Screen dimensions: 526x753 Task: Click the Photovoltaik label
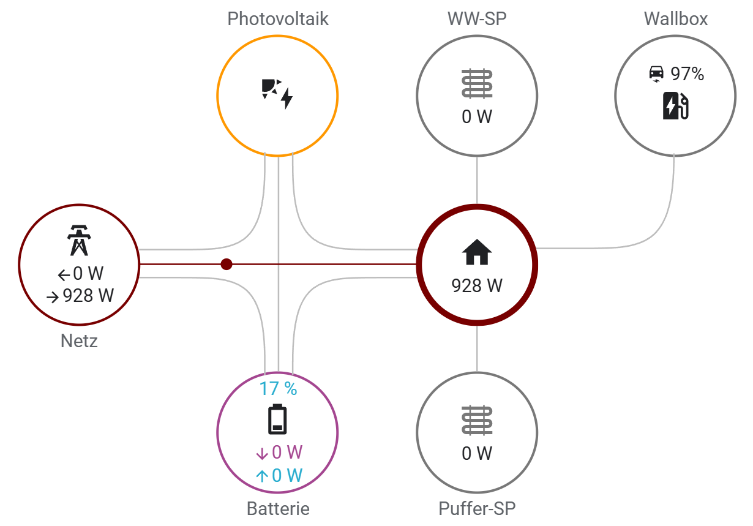click(x=278, y=19)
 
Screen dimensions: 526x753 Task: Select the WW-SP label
click(x=477, y=19)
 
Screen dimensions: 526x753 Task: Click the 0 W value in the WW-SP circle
click(x=477, y=116)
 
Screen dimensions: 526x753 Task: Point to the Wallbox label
click(x=675, y=19)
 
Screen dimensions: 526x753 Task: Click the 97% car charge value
click(x=687, y=74)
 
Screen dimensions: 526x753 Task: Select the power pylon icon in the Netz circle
click(x=79, y=240)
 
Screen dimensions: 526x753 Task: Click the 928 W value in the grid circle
click(x=88, y=296)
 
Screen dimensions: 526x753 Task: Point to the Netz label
click(x=79, y=340)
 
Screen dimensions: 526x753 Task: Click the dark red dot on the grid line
click(x=227, y=265)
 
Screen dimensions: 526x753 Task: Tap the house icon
click(x=477, y=252)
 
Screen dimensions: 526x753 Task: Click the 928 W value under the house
click(x=477, y=285)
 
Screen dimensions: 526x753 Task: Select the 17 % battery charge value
click(x=278, y=388)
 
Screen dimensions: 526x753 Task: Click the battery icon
click(x=278, y=419)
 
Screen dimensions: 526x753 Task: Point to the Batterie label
click(x=278, y=508)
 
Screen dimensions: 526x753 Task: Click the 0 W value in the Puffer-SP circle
click(x=477, y=453)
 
